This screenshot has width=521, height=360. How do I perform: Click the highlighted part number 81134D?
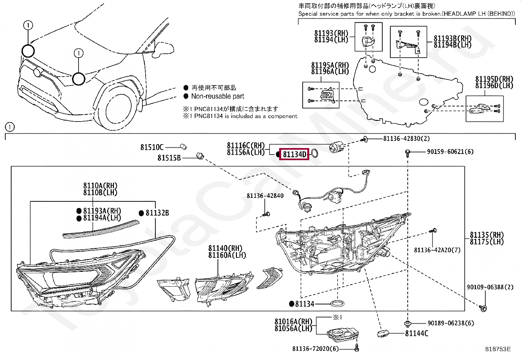[295, 154]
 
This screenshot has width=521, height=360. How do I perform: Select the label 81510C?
[152, 147]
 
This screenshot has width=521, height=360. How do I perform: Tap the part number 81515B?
[169, 158]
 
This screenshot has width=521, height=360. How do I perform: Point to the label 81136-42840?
[265, 196]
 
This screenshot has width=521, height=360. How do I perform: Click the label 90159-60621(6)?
[450, 152]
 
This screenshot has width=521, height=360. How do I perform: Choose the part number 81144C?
[417, 333]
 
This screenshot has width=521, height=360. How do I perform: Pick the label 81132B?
[157, 213]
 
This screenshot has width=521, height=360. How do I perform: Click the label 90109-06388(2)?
[490, 287]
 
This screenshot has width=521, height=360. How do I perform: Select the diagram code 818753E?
[497, 349]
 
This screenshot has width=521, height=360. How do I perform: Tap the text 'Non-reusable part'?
[218, 96]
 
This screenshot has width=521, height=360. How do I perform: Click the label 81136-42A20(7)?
[437, 250]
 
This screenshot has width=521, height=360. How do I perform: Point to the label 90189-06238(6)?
[451, 323]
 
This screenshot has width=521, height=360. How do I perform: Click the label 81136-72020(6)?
[315, 349]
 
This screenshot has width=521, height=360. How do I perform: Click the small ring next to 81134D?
[314, 153]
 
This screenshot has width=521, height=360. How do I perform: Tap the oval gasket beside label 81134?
[337, 303]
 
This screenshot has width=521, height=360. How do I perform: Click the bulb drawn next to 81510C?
[183, 147]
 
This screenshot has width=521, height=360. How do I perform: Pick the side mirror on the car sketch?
[164, 48]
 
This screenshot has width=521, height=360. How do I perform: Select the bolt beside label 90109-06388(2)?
[483, 308]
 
